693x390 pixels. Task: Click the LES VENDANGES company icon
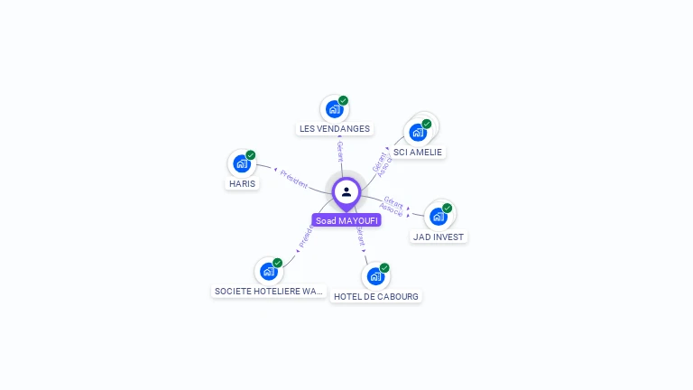pos(335,109)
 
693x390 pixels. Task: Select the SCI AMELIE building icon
pos(418,132)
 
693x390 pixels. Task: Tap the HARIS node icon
pos(242,163)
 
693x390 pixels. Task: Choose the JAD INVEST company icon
pos(439,216)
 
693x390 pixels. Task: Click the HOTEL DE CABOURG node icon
pos(375,276)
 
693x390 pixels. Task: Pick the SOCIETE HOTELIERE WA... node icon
pos(269,271)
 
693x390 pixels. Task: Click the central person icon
pos(346,191)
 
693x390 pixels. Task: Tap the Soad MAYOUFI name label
pos(346,220)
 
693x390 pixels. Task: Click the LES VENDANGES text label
pos(335,129)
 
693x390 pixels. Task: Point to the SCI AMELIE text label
pos(418,152)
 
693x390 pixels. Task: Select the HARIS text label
pos(242,183)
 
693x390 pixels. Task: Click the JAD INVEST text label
pos(439,237)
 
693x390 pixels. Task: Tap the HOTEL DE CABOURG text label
pos(375,296)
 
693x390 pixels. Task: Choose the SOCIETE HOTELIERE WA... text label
pos(269,291)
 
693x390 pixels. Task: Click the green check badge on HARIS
pos(251,155)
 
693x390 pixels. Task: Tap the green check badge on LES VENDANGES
pos(344,101)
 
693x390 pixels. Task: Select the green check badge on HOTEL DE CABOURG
pos(384,268)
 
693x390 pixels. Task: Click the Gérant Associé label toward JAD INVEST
pos(392,205)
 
